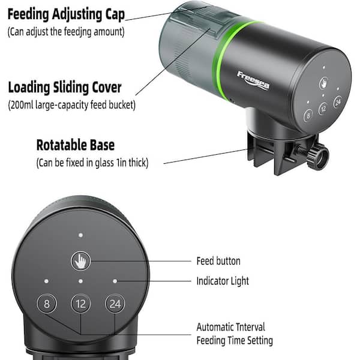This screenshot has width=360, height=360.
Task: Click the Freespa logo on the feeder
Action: [x=253, y=80]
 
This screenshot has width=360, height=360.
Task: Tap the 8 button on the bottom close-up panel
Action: [x=47, y=304]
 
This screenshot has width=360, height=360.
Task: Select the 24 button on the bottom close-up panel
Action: [x=115, y=304]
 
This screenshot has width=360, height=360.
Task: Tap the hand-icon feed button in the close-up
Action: [x=80, y=261]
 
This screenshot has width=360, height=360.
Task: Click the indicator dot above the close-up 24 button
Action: [x=115, y=281]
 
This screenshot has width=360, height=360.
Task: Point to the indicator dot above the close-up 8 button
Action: [x=46, y=281]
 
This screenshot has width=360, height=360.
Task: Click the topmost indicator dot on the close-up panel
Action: [x=80, y=235]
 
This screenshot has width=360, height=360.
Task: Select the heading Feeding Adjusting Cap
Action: [x=66, y=15]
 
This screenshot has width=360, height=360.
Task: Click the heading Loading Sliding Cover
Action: [x=65, y=88]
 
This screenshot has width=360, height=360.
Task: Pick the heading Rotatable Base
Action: [x=76, y=145]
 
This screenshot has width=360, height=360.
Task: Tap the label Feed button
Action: [x=218, y=261]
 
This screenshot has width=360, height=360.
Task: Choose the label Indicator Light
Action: [x=223, y=281]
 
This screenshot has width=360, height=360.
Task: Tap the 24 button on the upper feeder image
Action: [x=338, y=102]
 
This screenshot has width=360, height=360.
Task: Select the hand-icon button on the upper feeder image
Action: [x=324, y=83]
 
